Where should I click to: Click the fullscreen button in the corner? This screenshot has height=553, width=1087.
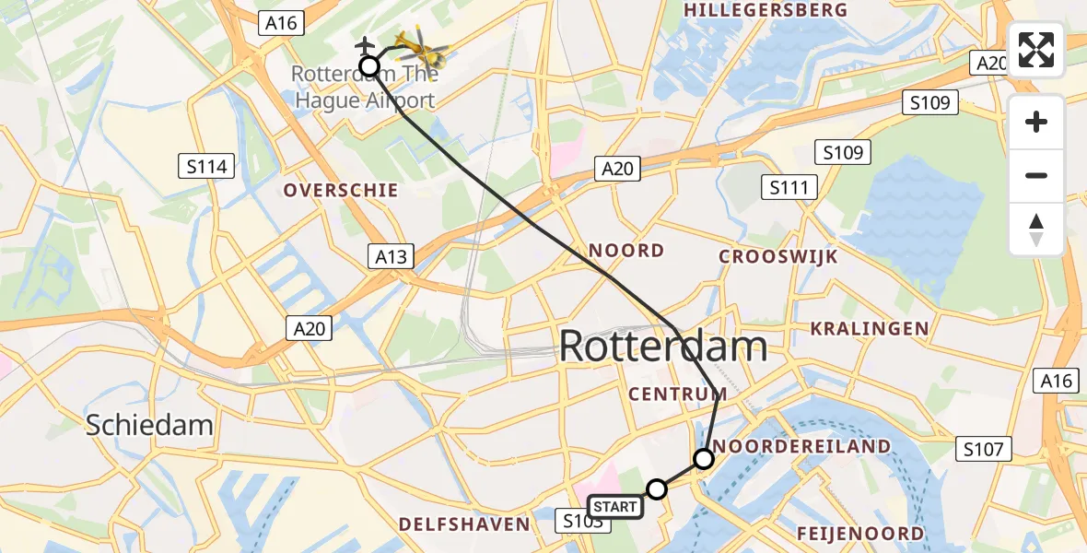[x=1036, y=50]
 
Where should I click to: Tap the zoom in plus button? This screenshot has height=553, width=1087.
[x=1036, y=122]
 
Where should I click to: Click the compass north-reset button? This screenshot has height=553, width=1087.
[x=1036, y=229]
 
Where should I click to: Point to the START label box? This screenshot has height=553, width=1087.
[x=614, y=507]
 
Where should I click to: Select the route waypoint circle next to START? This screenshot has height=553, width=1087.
[x=657, y=488]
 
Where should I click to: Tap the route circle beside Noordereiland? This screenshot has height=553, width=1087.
[x=703, y=458]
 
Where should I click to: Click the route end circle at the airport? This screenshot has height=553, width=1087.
[x=368, y=65]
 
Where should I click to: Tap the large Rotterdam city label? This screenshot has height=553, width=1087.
[x=662, y=347]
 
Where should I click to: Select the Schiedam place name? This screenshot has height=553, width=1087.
[x=149, y=425]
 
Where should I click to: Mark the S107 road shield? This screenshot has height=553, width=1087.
[x=983, y=450]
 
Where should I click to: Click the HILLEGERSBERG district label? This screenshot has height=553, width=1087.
[x=766, y=10]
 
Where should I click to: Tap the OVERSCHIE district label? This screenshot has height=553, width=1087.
[x=341, y=191]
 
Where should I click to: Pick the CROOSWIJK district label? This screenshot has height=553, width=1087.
[x=778, y=257]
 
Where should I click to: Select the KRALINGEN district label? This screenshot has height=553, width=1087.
[x=869, y=328]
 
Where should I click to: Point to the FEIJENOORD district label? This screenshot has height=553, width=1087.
[x=860, y=534]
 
